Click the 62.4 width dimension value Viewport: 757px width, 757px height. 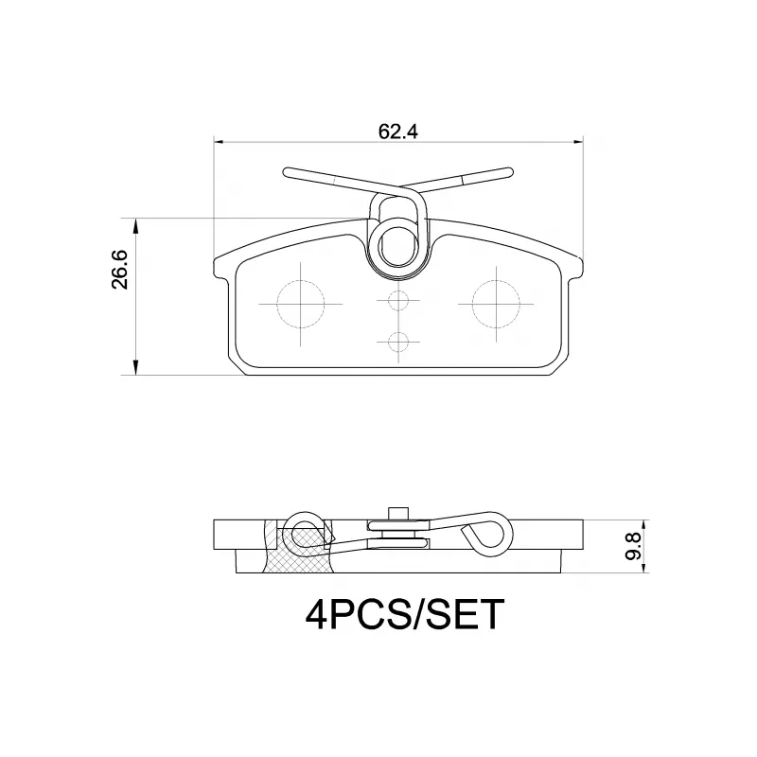398,132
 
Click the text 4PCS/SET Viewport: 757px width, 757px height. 399,616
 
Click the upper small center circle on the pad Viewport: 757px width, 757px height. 398,302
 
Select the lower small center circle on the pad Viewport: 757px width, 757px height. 398,341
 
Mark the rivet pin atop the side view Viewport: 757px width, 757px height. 398,513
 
